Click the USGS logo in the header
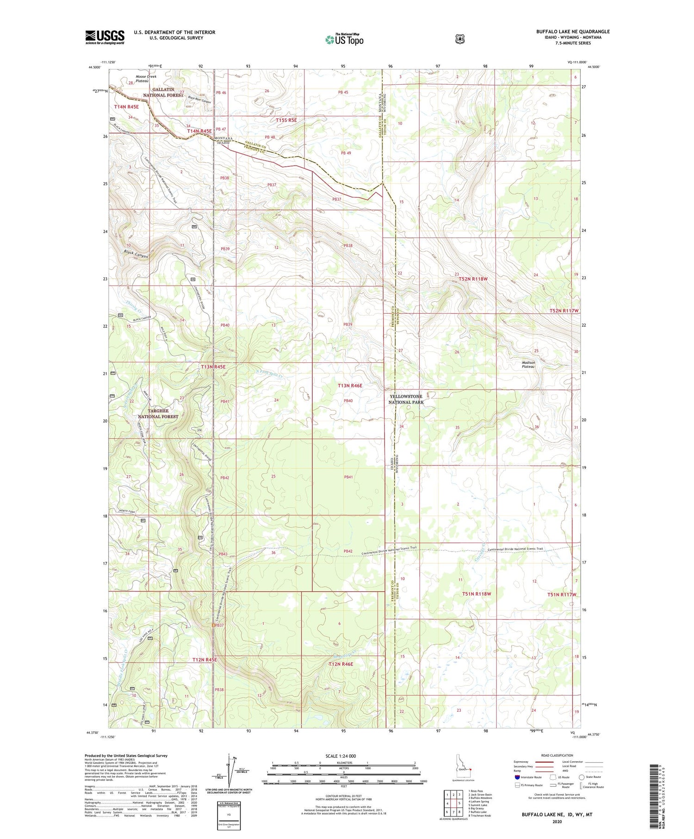pos(105,37)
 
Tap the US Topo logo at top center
pos(344,39)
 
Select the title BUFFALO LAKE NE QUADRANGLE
pos(573,31)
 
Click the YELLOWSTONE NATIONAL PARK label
pos(406,399)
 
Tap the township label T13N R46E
pos(350,385)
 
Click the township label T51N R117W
pos(563,594)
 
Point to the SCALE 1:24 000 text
pos(341,756)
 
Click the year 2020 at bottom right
pos(557,822)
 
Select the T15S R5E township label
pos(286,120)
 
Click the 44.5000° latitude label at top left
pos(94,67)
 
